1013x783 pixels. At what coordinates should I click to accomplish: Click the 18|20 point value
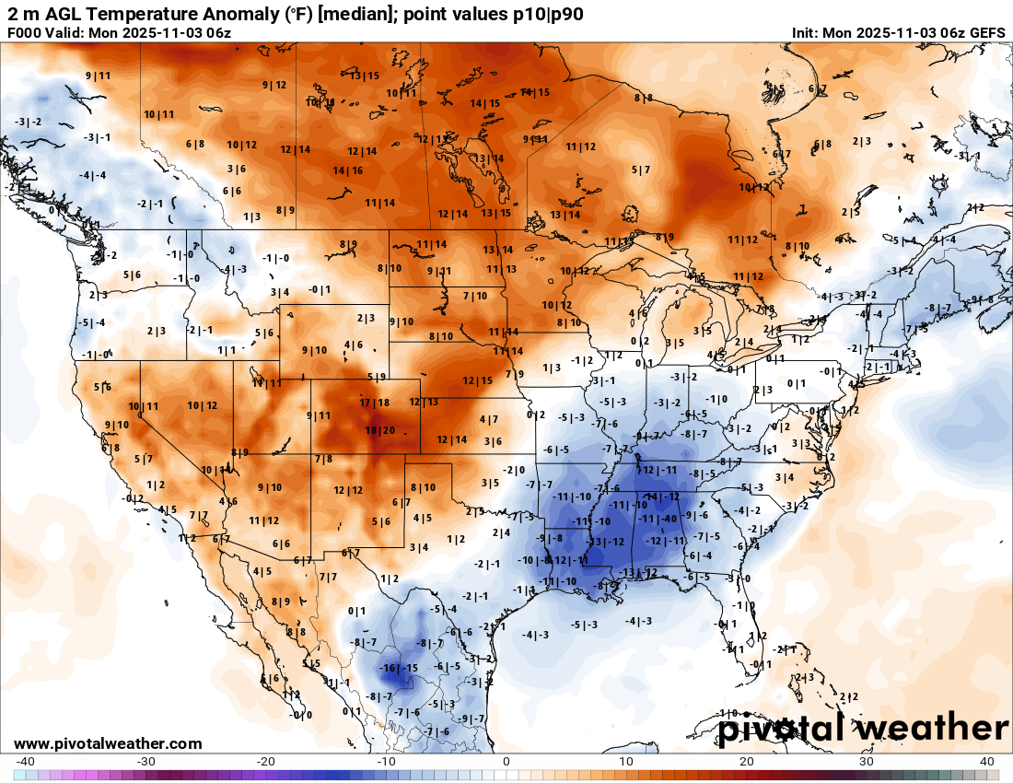380,430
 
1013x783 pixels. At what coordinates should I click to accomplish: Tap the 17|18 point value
375,403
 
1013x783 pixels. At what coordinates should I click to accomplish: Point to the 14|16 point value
347,170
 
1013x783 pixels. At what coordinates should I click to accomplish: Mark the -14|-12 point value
663,497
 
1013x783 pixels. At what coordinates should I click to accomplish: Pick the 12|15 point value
478,380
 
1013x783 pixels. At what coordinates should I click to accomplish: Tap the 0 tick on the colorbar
506,761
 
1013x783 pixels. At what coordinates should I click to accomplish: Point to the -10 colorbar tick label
386,761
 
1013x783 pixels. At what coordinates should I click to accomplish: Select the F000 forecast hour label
26,33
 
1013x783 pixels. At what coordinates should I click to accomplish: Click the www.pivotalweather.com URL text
108,743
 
